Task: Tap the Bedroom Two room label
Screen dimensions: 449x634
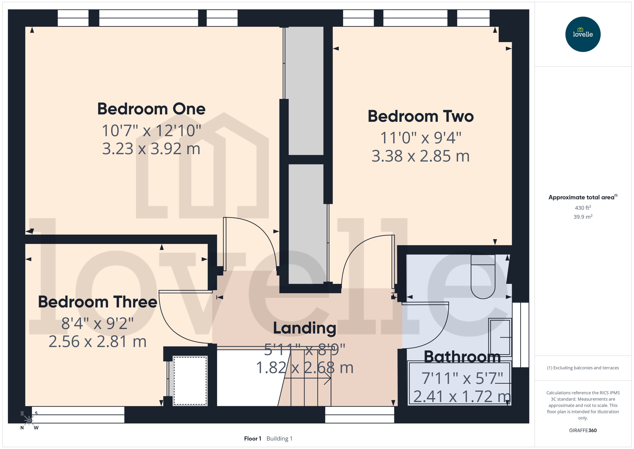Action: pyautogui.click(x=420, y=116)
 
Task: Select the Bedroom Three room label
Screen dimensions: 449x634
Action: pyautogui.click(x=97, y=302)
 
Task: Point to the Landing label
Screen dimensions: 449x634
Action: pyautogui.click(x=305, y=328)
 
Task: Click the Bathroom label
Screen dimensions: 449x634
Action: pyautogui.click(x=462, y=357)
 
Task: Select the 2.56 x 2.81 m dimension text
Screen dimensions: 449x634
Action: pyautogui.click(x=97, y=342)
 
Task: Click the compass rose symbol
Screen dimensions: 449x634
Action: pyautogui.click(x=29, y=420)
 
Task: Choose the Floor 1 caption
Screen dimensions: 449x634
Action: pyautogui.click(x=253, y=438)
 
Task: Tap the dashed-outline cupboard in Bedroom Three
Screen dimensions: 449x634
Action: pyautogui.click(x=190, y=381)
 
